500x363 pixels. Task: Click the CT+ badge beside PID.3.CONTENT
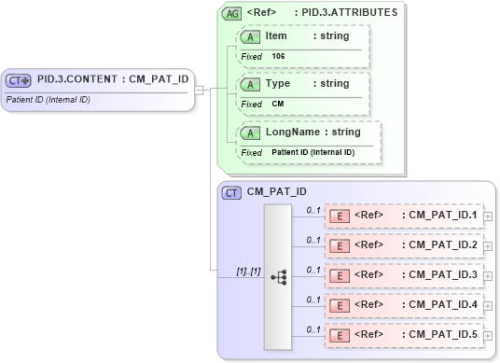[20, 79]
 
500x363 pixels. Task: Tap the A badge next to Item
[250, 36]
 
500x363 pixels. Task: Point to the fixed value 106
[279, 56]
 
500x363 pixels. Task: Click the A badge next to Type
[250, 84]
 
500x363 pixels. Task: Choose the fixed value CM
[278, 104]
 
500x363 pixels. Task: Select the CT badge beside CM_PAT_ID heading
[232, 192]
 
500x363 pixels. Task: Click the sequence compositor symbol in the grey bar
[278, 277]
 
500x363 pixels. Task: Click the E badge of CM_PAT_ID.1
[340, 216]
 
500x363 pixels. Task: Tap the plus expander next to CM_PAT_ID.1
[488, 216]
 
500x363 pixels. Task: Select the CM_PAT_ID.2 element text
[439, 245]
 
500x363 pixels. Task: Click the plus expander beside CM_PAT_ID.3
[488, 276]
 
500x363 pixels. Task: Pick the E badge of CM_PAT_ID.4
[340, 305]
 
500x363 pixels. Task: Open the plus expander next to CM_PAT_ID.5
[488, 335]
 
